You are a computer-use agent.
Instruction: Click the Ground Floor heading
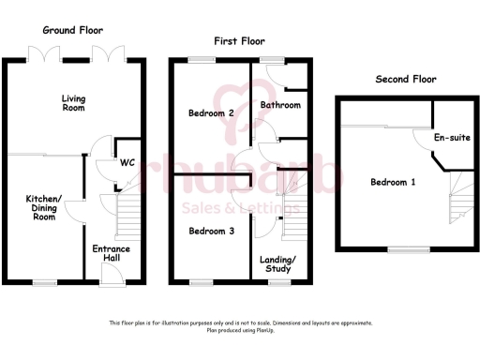(x=71, y=30)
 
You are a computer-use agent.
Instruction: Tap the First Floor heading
(x=240, y=41)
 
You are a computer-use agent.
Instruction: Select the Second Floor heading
(x=406, y=80)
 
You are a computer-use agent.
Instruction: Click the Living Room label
(x=73, y=102)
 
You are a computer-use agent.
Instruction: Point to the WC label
(x=127, y=161)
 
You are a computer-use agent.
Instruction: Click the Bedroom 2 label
(x=210, y=113)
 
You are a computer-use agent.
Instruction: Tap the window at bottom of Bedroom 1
(x=406, y=248)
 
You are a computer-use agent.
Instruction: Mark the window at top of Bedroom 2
(x=201, y=59)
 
